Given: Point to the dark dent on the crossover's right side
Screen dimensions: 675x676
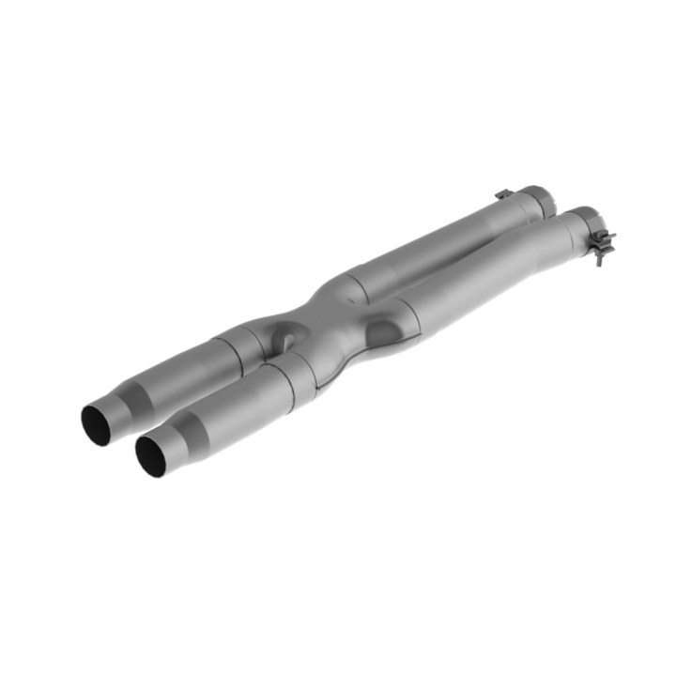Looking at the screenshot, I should click(x=383, y=330).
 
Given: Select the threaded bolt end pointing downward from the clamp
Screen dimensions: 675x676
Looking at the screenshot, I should click(x=598, y=259).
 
